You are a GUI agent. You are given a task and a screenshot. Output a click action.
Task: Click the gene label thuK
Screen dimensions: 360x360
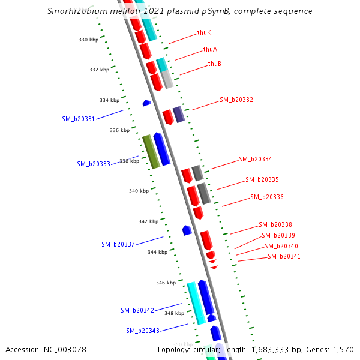click(x=204, y=32)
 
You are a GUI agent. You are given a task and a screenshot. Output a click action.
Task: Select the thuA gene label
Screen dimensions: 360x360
click(x=210, y=49)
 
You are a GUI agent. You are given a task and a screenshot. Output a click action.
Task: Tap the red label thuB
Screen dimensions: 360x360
click(x=215, y=64)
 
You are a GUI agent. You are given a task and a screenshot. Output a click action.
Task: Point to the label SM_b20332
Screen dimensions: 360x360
click(x=236, y=100)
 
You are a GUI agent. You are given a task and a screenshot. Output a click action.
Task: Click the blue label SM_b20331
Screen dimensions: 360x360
click(x=78, y=119)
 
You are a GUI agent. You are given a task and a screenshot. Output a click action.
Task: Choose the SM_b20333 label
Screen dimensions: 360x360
click(x=94, y=164)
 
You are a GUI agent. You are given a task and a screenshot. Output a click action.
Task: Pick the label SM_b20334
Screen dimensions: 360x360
click(x=256, y=159)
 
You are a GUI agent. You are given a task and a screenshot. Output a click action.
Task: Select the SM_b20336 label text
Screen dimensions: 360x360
click(x=267, y=197)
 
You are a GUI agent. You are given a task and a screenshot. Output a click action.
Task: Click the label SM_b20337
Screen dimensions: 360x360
click(x=118, y=244)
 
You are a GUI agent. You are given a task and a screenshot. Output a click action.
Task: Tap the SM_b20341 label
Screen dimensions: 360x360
click(x=284, y=256)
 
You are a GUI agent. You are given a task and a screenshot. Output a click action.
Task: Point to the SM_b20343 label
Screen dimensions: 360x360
click(x=143, y=331)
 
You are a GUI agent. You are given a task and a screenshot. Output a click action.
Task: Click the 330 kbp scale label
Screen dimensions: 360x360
click(x=88, y=40)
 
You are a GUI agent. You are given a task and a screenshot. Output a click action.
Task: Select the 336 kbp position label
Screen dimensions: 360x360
click(x=119, y=130)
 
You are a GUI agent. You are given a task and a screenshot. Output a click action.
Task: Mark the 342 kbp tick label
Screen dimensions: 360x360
click(x=148, y=221)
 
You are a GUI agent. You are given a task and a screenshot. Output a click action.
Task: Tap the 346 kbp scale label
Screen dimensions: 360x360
click(x=166, y=283)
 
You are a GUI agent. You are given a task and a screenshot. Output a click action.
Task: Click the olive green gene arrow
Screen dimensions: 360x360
click(x=151, y=152)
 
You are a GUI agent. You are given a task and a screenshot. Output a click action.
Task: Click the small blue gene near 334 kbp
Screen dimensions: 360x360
click(x=146, y=103)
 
